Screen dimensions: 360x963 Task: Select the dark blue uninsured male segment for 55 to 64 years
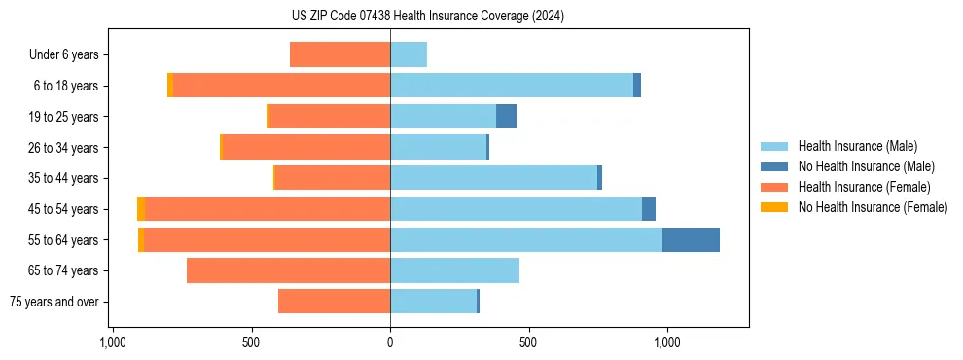[x=691, y=239]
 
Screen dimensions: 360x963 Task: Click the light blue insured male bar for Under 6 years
[x=409, y=54]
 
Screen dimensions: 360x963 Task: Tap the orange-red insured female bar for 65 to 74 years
[x=288, y=270]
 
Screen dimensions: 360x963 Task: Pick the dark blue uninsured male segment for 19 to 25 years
[x=506, y=117]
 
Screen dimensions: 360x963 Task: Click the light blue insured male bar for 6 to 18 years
[x=512, y=86]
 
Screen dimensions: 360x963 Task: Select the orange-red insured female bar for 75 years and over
[x=334, y=302]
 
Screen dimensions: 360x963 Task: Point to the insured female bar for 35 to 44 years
[x=333, y=178]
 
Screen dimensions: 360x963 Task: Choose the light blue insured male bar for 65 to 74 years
[x=454, y=270]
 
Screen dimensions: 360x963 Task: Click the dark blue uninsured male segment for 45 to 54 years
[x=649, y=209]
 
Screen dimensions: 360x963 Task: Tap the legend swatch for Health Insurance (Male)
[x=774, y=146]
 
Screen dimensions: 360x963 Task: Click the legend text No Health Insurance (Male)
[x=866, y=166]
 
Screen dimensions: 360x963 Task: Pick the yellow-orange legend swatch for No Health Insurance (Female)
[x=774, y=207]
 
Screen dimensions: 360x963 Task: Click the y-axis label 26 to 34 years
[x=63, y=148]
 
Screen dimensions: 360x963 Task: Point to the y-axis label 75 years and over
[x=53, y=302]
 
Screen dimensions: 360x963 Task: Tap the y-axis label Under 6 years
[x=64, y=55]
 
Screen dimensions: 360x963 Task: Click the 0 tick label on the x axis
[x=390, y=343]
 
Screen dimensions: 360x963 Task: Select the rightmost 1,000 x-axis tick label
[x=667, y=343]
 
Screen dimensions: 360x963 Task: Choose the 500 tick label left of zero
[x=251, y=343]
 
